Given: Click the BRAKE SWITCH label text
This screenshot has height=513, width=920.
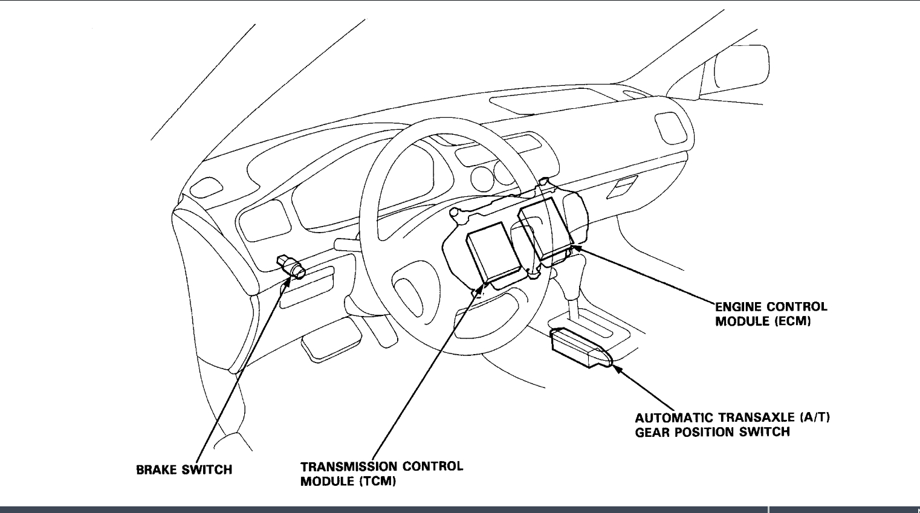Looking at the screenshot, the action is coord(184,469).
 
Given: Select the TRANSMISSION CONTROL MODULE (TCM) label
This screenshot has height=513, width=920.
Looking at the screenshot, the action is coord(381,474).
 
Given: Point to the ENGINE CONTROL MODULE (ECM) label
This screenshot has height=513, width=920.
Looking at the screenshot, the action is coord(771,314).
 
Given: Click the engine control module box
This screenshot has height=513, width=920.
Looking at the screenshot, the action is coord(545,230).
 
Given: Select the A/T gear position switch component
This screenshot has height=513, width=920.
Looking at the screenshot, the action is coord(580,348).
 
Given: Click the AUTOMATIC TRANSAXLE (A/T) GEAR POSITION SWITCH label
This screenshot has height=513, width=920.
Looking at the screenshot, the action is coord(731,425).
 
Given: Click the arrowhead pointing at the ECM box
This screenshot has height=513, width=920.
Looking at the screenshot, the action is coord(575,247).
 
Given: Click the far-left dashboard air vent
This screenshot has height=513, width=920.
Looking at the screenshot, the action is coord(204,187).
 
